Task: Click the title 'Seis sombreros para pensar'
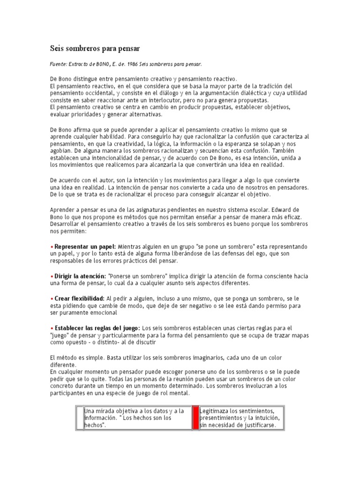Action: [95, 48]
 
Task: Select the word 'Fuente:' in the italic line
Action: [59, 64]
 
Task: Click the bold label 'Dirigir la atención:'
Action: [80, 277]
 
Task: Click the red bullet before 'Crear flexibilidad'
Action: [52, 299]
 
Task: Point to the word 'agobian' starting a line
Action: [60, 151]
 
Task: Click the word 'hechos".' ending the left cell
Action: [95, 425]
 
